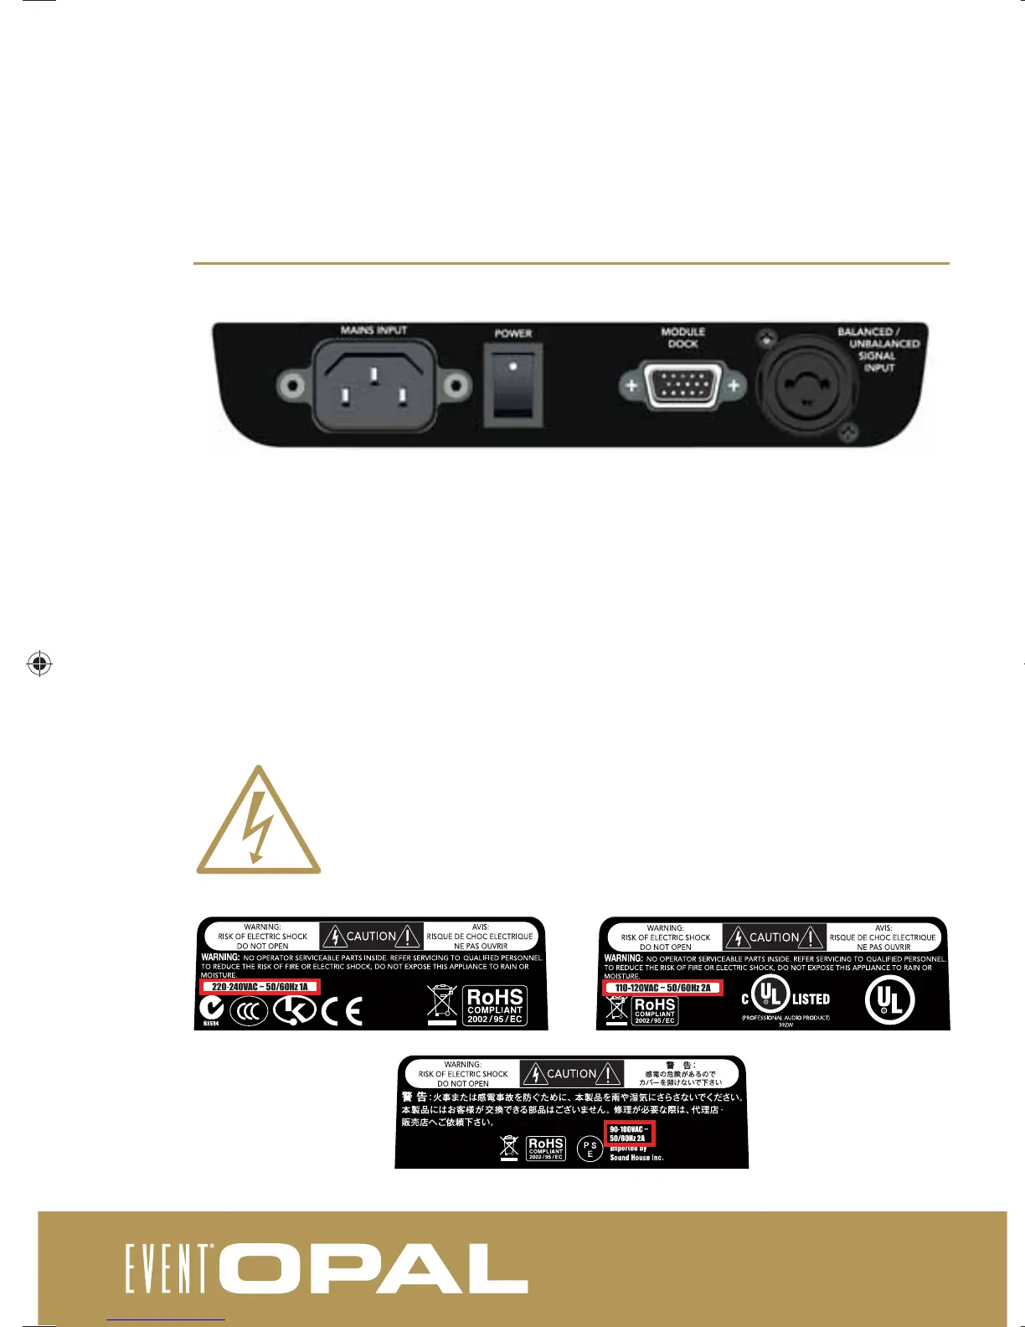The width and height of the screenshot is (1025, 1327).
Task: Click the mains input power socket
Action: pyautogui.click(x=373, y=385)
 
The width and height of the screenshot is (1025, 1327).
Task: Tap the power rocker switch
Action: pyautogui.click(x=512, y=385)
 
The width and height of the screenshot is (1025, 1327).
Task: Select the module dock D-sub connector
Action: pyautogui.click(x=682, y=386)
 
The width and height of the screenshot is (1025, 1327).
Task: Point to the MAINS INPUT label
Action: pyautogui.click(x=373, y=330)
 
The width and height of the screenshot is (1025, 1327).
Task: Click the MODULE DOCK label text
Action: pyautogui.click(x=682, y=338)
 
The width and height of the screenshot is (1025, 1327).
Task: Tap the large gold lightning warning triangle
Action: pyautogui.click(x=259, y=822)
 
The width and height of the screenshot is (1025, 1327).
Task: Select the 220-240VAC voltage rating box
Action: pyautogui.click(x=260, y=987)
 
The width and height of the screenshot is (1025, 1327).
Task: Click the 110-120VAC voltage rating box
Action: pyautogui.click(x=662, y=988)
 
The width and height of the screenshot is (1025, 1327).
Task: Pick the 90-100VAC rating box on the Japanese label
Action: pyautogui.click(x=629, y=1133)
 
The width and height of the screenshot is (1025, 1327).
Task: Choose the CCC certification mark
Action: pyautogui.click(x=249, y=1011)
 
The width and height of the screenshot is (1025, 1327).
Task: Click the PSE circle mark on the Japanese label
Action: pyautogui.click(x=590, y=1149)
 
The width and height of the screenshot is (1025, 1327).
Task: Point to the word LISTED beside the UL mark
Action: pyautogui.click(x=811, y=999)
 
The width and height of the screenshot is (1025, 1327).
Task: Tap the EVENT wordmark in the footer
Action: pyautogui.click(x=169, y=1269)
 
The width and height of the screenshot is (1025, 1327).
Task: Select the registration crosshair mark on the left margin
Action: pyautogui.click(x=39, y=663)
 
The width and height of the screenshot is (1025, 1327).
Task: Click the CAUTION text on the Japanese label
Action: pyautogui.click(x=571, y=1073)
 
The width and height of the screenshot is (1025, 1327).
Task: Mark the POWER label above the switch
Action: pyautogui.click(x=512, y=333)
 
